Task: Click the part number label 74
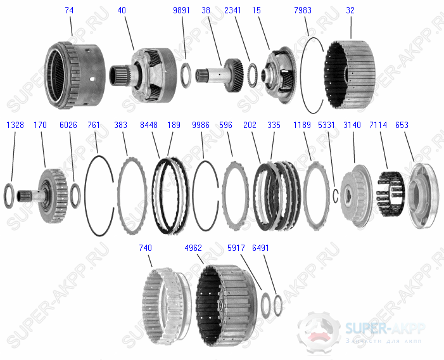click(68, 11)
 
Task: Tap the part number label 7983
click(303, 11)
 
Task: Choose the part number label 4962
click(194, 248)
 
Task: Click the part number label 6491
click(260, 248)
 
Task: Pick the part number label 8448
click(149, 125)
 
